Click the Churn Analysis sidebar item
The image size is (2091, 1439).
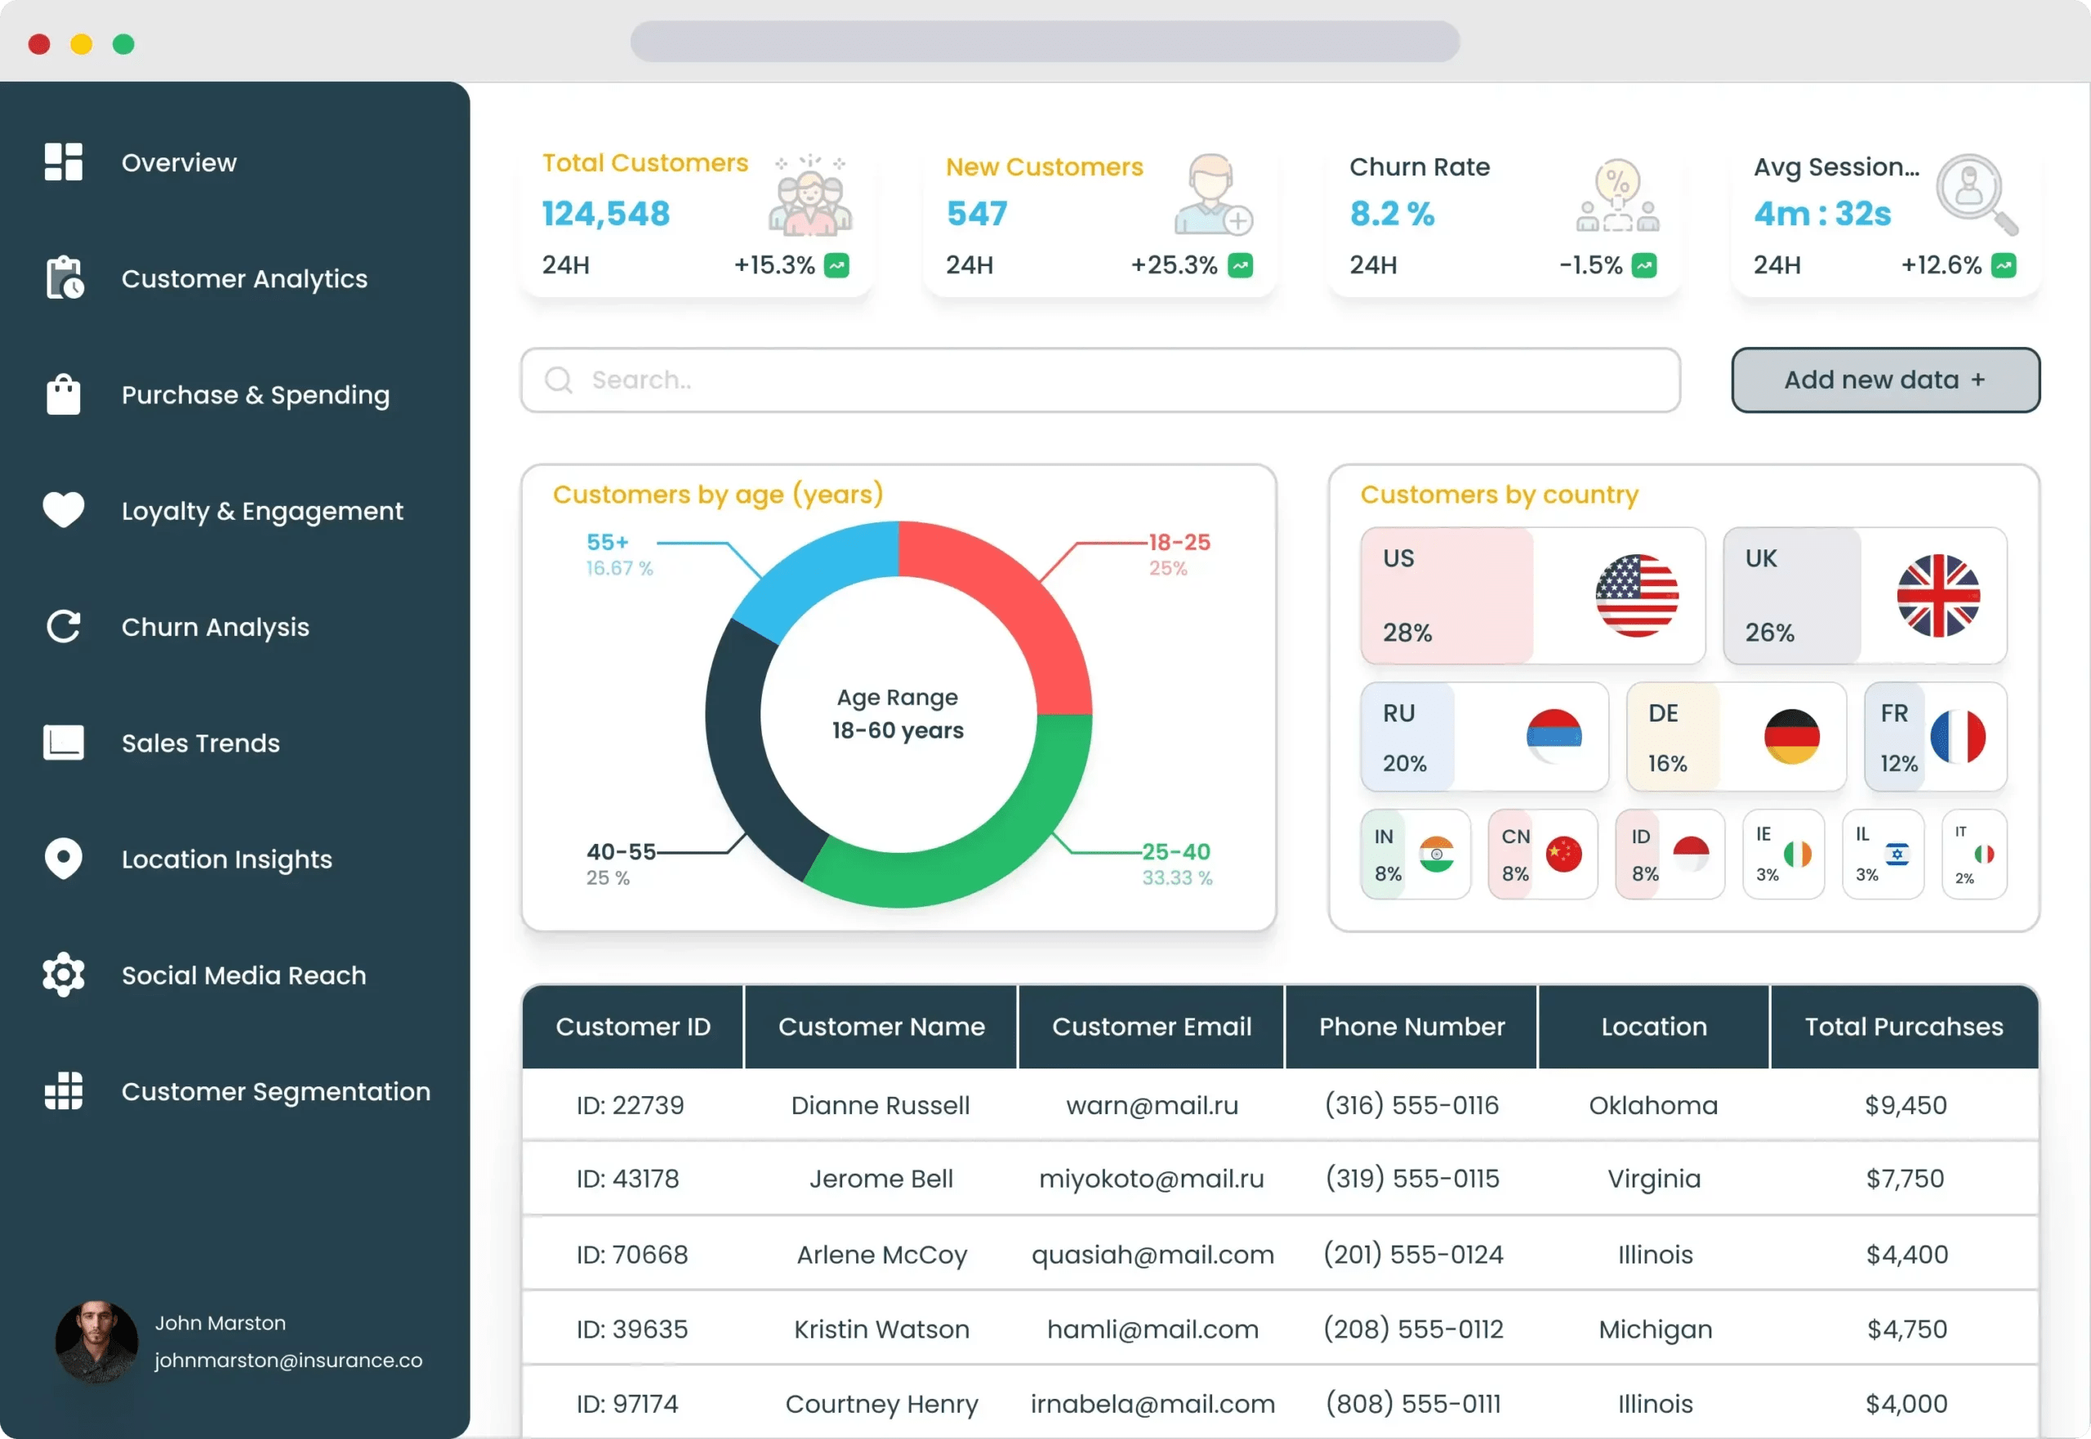click(x=215, y=627)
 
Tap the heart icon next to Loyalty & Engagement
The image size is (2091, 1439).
click(x=63, y=509)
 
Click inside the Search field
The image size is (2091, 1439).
click(x=1100, y=380)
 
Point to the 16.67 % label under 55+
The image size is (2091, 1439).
click(x=619, y=568)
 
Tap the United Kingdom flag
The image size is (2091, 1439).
click(x=1937, y=596)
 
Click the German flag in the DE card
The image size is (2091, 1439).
click(x=1790, y=736)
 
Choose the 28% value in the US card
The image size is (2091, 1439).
click(x=1407, y=632)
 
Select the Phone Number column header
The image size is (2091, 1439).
click(x=1411, y=1026)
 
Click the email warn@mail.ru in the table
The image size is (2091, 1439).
click(x=1152, y=1105)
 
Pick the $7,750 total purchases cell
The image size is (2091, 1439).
click(x=1904, y=1179)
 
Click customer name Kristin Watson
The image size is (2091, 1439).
click(x=881, y=1329)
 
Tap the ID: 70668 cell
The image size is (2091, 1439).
click(x=631, y=1255)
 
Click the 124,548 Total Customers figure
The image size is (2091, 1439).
click(x=605, y=214)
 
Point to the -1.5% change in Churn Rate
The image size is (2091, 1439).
click(x=1589, y=265)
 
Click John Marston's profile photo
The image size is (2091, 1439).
click(x=96, y=1341)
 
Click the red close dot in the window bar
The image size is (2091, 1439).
click(x=38, y=44)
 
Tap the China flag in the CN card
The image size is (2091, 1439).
click(x=1563, y=854)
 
